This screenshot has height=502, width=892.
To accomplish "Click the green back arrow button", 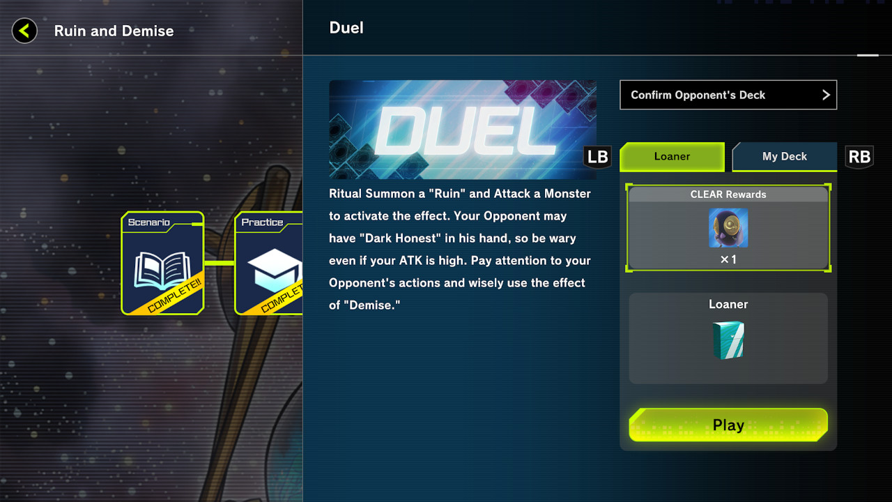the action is point(24,31).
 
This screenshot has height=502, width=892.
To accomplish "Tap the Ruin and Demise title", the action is point(114,31).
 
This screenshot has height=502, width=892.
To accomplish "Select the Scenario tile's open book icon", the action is point(162,271).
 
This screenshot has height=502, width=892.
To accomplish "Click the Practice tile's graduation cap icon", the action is point(274,271).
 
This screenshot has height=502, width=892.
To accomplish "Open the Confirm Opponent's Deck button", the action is point(728,95).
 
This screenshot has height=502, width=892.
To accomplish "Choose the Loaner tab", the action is point(672,157).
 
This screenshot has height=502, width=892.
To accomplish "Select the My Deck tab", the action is point(785,157).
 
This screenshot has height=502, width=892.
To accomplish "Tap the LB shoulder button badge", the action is point(597,157).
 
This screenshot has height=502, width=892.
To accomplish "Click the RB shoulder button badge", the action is point(859,157).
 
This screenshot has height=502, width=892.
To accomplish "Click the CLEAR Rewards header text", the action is point(728,195).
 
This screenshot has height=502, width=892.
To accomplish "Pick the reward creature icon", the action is point(728,228).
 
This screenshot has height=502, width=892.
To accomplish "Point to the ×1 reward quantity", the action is point(728,260).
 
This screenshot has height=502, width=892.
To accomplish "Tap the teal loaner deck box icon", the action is point(728,340).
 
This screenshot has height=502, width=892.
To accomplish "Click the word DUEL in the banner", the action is point(465,131).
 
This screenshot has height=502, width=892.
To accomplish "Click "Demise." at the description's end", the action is point(372,305).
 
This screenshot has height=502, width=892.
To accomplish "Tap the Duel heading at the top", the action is point(346,28).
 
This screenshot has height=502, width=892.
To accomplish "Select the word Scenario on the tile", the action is point(148,222).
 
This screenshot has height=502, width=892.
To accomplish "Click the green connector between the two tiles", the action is point(219,263).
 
